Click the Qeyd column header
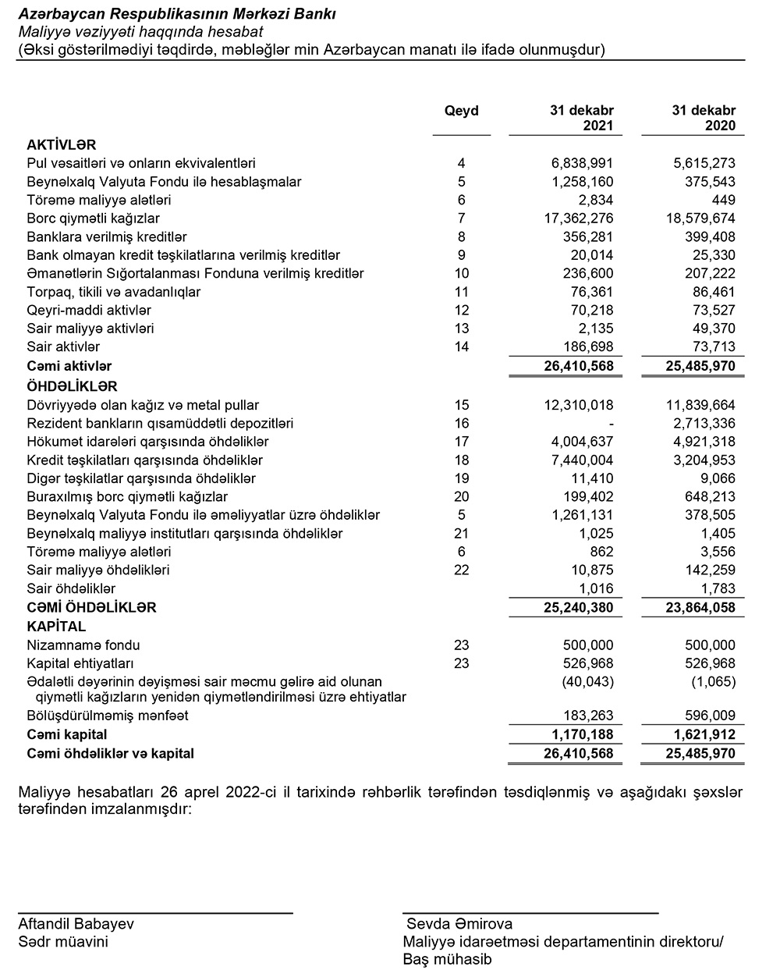click(461, 111)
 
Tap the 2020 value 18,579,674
click(699, 218)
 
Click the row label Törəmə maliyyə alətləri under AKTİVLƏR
click(99, 200)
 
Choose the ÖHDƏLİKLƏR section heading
click(72, 386)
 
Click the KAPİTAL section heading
click(56, 627)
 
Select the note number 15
click(461, 405)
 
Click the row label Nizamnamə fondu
click(83, 645)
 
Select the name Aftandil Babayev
click(76, 924)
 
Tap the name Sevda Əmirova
click(459, 924)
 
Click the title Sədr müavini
click(63, 942)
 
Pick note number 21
click(461, 534)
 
